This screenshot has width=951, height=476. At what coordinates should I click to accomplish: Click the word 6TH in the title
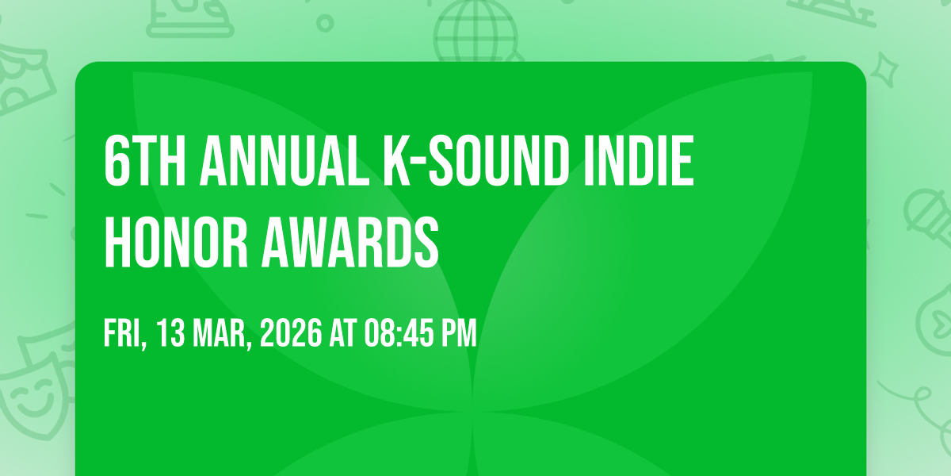144,161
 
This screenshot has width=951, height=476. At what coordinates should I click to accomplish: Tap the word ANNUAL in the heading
285,161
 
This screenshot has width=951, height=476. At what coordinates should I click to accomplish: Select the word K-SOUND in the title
476,161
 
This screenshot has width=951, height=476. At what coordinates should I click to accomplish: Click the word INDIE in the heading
639,161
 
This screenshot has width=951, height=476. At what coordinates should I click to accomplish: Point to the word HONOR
176,242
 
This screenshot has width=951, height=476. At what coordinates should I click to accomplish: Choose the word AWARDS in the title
349,242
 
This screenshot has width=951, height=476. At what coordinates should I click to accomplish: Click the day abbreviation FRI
125,334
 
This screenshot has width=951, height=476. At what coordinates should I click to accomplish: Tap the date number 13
170,333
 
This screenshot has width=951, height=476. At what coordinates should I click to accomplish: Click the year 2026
292,333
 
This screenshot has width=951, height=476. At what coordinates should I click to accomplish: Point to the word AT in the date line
343,333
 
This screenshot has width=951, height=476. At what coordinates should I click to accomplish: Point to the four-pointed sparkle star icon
884,70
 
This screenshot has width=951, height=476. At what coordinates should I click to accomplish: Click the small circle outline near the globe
325,23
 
